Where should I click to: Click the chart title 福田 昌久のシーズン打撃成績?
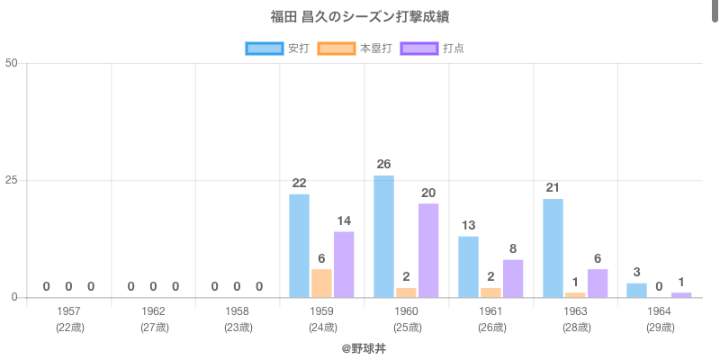click(x=359, y=17)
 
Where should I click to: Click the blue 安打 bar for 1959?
click(x=299, y=246)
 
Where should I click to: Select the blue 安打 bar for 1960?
click(x=383, y=236)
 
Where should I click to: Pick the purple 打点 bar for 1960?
click(x=428, y=250)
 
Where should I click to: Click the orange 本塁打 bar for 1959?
click(x=321, y=283)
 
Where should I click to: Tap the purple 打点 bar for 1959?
click(x=344, y=265)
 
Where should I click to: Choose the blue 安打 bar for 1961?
click(x=468, y=266)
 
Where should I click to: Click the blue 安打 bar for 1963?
click(x=553, y=247)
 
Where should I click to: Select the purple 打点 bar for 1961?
click(x=513, y=278)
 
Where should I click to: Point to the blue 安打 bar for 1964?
click(x=636, y=290)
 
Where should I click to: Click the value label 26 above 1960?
click(x=383, y=164)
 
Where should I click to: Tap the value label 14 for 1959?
click(x=344, y=220)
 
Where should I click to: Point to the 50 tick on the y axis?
click(x=12, y=63)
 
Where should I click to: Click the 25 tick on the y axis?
click(x=12, y=180)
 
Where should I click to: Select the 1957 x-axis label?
click(x=68, y=311)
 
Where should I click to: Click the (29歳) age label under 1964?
click(x=660, y=328)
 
